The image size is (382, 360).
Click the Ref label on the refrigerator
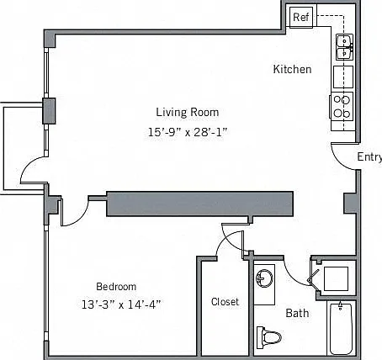[x=301, y=18]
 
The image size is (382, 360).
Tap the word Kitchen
[x=292, y=69]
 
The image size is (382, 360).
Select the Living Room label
[x=188, y=112]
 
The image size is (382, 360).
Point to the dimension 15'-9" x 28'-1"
[x=187, y=132]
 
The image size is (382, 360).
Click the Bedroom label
[x=116, y=287]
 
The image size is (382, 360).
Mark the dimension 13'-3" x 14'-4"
[x=121, y=304]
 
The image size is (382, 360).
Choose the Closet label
[x=225, y=302]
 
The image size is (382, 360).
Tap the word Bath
[x=297, y=313]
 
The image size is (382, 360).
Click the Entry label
[x=369, y=156]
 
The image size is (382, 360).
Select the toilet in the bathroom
[x=268, y=337]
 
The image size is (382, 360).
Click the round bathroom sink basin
[x=264, y=278]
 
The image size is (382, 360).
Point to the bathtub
[x=341, y=329]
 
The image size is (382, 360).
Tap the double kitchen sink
[x=345, y=47]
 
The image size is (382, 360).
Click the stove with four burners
[x=342, y=107]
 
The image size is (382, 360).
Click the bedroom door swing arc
[x=81, y=217]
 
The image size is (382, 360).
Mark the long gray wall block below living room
[x=200, y=204]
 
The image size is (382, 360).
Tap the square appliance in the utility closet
[x=336, y=278]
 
